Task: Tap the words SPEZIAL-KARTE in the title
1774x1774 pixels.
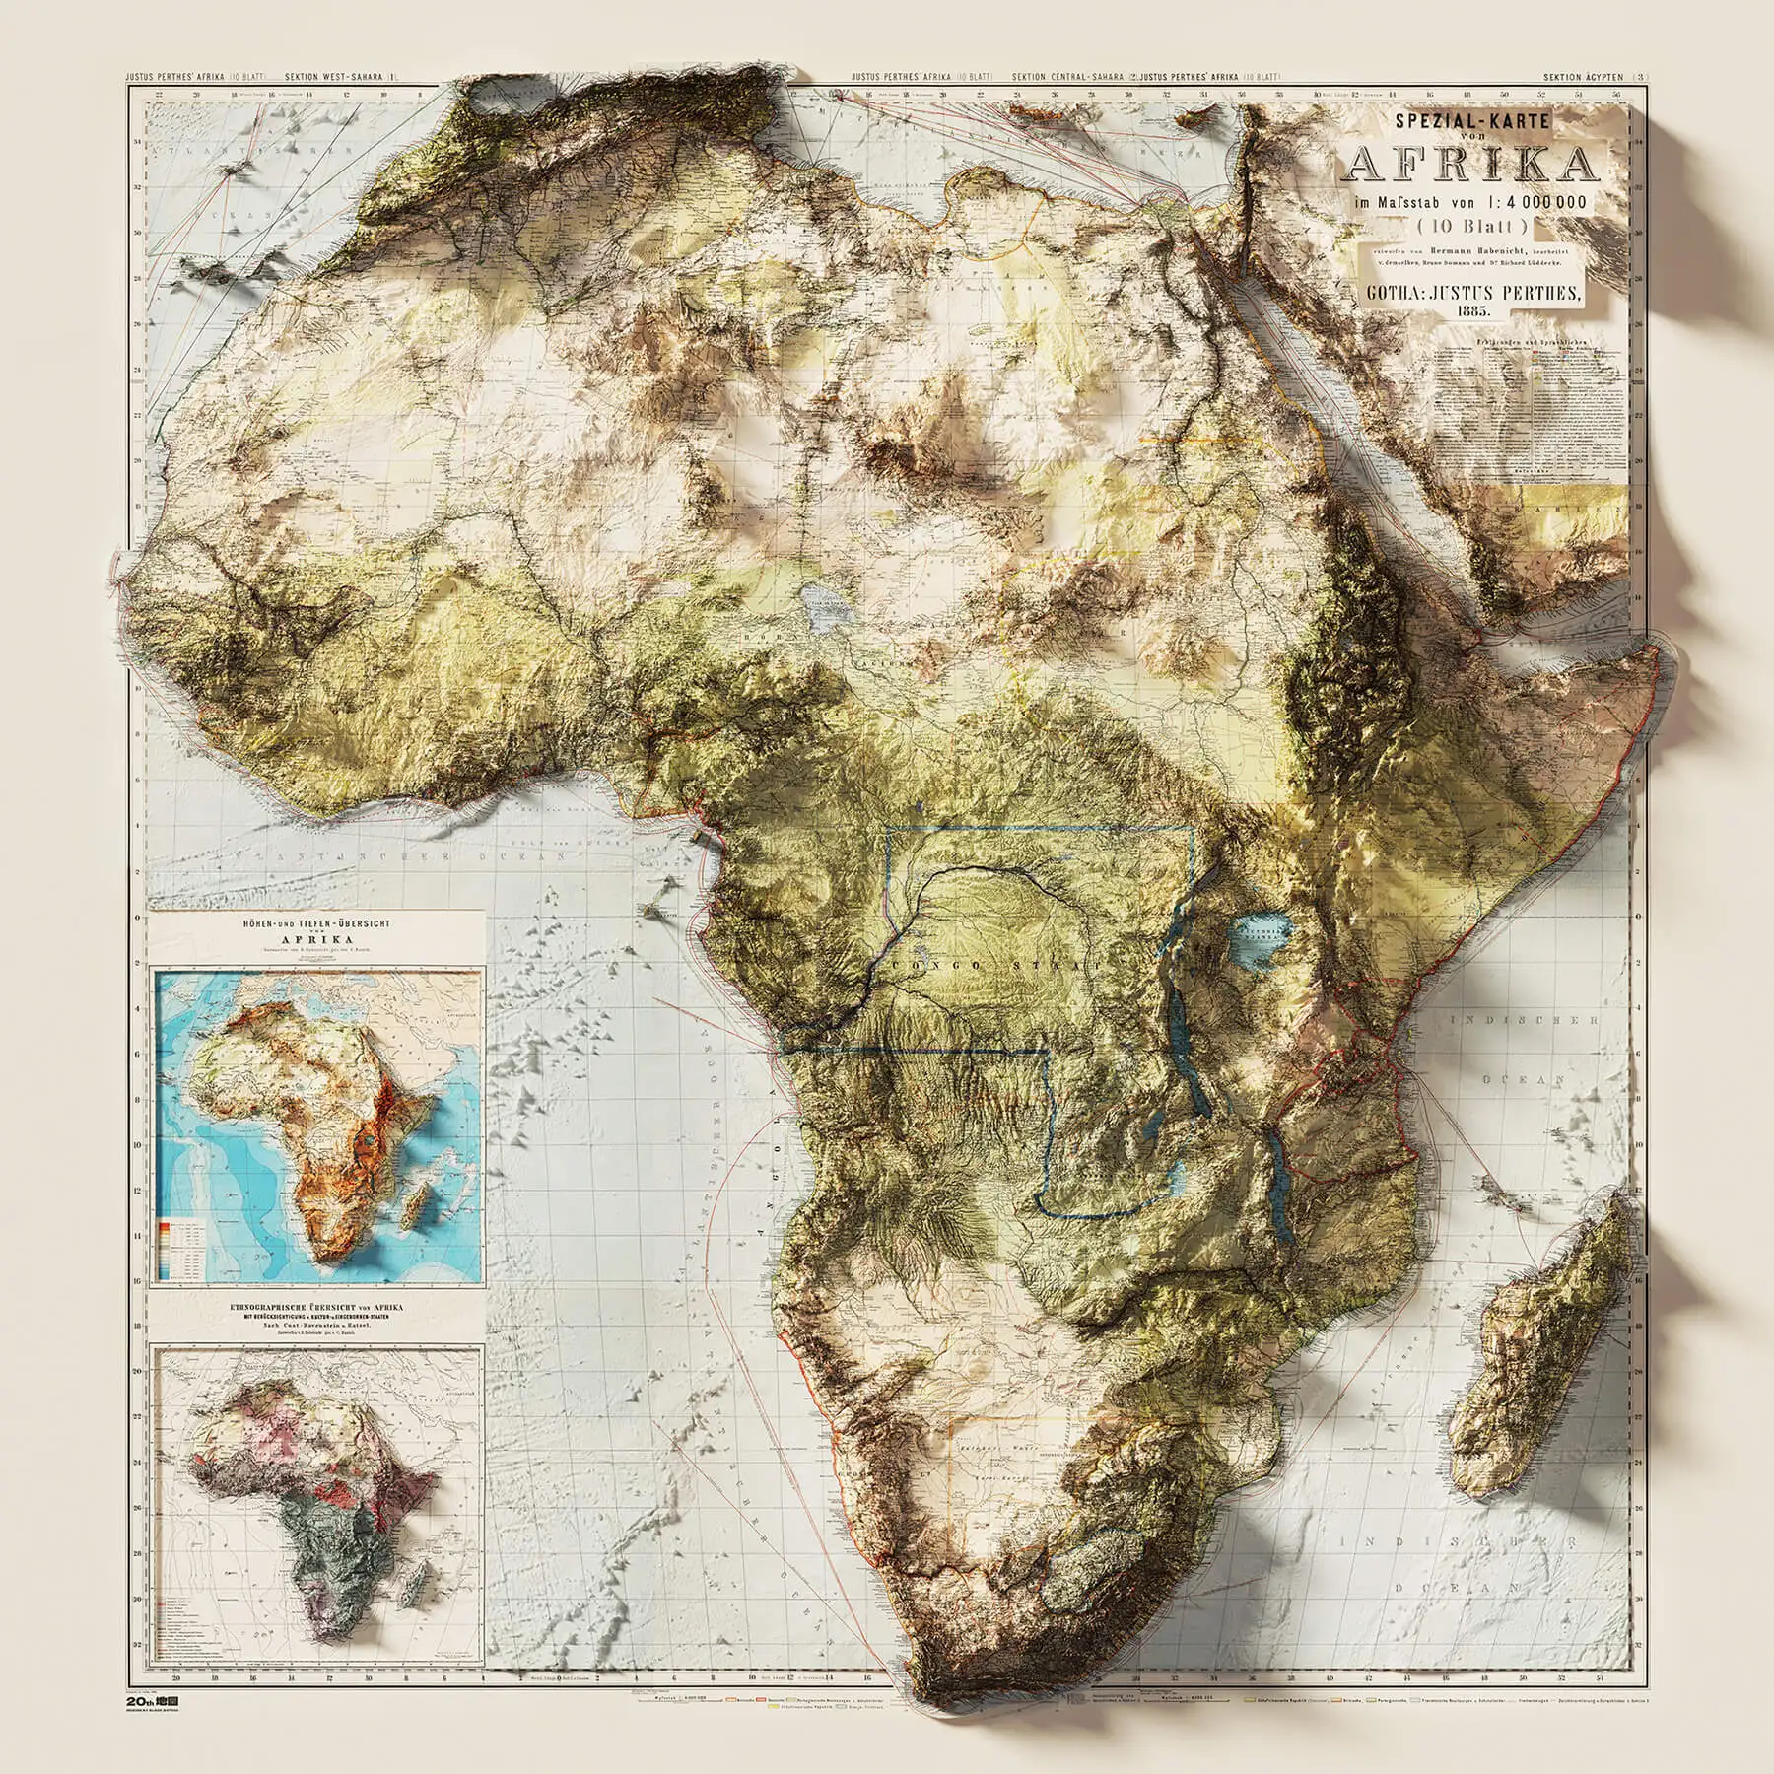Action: (1468, 122)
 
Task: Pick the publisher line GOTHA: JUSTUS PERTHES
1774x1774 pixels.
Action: (1468, 292)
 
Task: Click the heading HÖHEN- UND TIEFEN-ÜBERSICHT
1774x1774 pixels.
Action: (316, 925)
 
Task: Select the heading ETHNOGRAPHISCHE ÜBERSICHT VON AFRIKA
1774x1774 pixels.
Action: (316, 1309)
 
